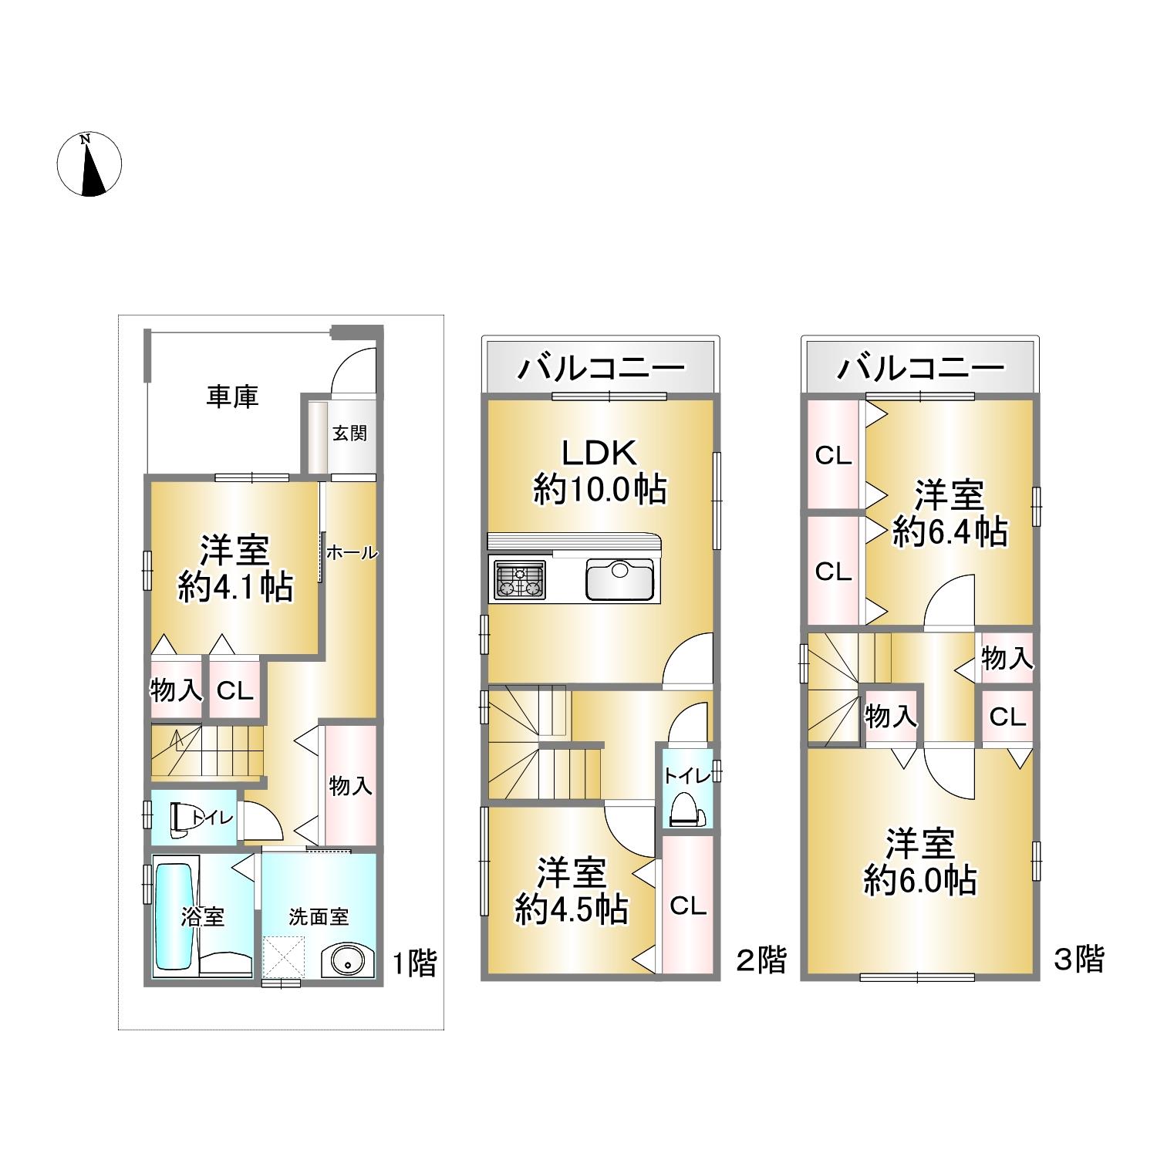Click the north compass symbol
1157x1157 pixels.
click(90, 164)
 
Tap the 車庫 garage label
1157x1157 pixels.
click(232, 396)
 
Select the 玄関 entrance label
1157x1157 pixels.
click(349, 433)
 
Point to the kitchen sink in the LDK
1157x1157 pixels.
click(620, 579)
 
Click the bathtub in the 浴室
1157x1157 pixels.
click(174, 916)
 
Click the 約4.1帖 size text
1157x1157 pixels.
click(235, 589)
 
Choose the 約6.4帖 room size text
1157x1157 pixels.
click(950, 531)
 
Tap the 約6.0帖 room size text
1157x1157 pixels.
click(920, 880)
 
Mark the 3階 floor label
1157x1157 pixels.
click(1080, 959)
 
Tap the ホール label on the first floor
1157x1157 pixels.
click(352, 552)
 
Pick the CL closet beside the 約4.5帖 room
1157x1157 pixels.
click(688, 906)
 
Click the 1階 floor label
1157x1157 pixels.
click(415, 963)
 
